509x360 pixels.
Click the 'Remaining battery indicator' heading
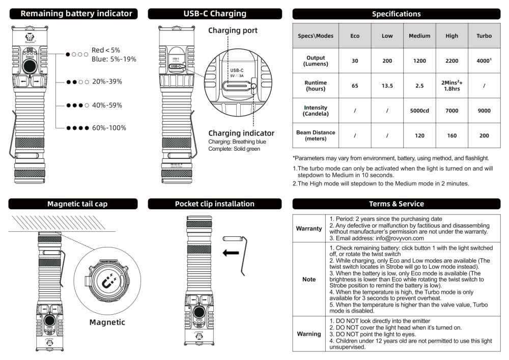76,14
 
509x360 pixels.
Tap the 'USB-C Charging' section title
214,14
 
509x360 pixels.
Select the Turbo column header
484,36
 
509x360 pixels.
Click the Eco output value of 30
355,61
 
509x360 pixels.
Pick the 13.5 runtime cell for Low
387,86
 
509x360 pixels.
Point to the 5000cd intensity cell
419,110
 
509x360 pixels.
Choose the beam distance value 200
484,135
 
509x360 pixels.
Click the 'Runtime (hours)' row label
316,86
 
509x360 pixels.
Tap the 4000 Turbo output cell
484,61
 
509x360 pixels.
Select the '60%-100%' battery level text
109,128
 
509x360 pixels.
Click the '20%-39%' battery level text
107,81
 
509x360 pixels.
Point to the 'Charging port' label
233,31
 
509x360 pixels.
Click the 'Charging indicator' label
241,133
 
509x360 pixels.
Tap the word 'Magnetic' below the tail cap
107,322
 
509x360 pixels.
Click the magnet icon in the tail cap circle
107,281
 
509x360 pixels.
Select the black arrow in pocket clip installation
231,253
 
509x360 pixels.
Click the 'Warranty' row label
309,229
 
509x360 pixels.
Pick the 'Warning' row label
309,334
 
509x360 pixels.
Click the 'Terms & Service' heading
396,204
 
